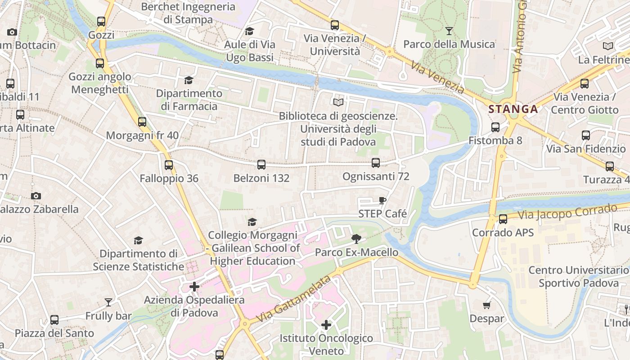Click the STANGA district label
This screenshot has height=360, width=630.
(x=513, y=109)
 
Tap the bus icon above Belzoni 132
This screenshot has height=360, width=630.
(x=261, y=165)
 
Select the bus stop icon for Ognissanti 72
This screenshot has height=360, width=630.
(x=376, y=163)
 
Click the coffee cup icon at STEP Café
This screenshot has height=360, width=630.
(x=382, y=200)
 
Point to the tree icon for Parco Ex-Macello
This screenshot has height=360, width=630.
(x=356, y=238)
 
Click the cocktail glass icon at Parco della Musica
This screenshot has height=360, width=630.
(x=449, y=31)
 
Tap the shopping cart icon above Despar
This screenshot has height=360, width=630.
(x=486, y=306)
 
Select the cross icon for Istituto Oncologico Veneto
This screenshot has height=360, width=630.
(x=326, y=324)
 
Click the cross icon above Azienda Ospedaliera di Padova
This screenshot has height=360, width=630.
(x=194, y=286)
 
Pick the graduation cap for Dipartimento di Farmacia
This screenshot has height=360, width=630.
(x=189, y=80)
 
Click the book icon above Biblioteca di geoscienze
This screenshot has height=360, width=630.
(x=338, y=103)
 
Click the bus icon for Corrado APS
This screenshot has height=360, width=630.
(x=503, y=219)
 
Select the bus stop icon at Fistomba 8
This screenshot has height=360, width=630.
(x=495, y=127)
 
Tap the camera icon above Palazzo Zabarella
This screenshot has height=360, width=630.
(x=36, y=196)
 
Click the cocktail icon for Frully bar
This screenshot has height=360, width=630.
(x=108, y=302)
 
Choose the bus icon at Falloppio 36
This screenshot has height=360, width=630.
(x=169, y=165)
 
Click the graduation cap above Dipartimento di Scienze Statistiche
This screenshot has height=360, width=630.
(x=139, y=241)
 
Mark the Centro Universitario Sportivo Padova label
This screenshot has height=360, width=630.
(x=579, y=276)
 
